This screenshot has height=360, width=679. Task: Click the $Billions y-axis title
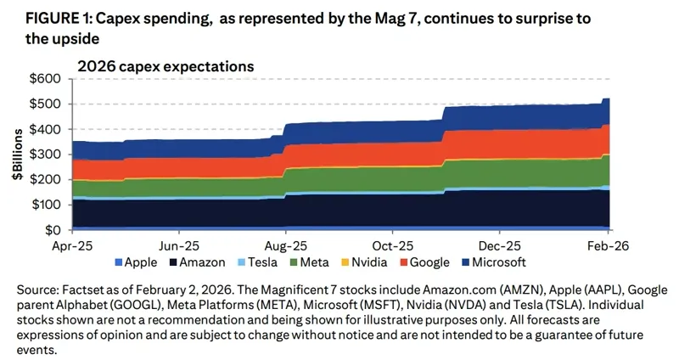click(17, 155)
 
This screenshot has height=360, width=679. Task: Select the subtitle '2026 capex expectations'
click(166, 65)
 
